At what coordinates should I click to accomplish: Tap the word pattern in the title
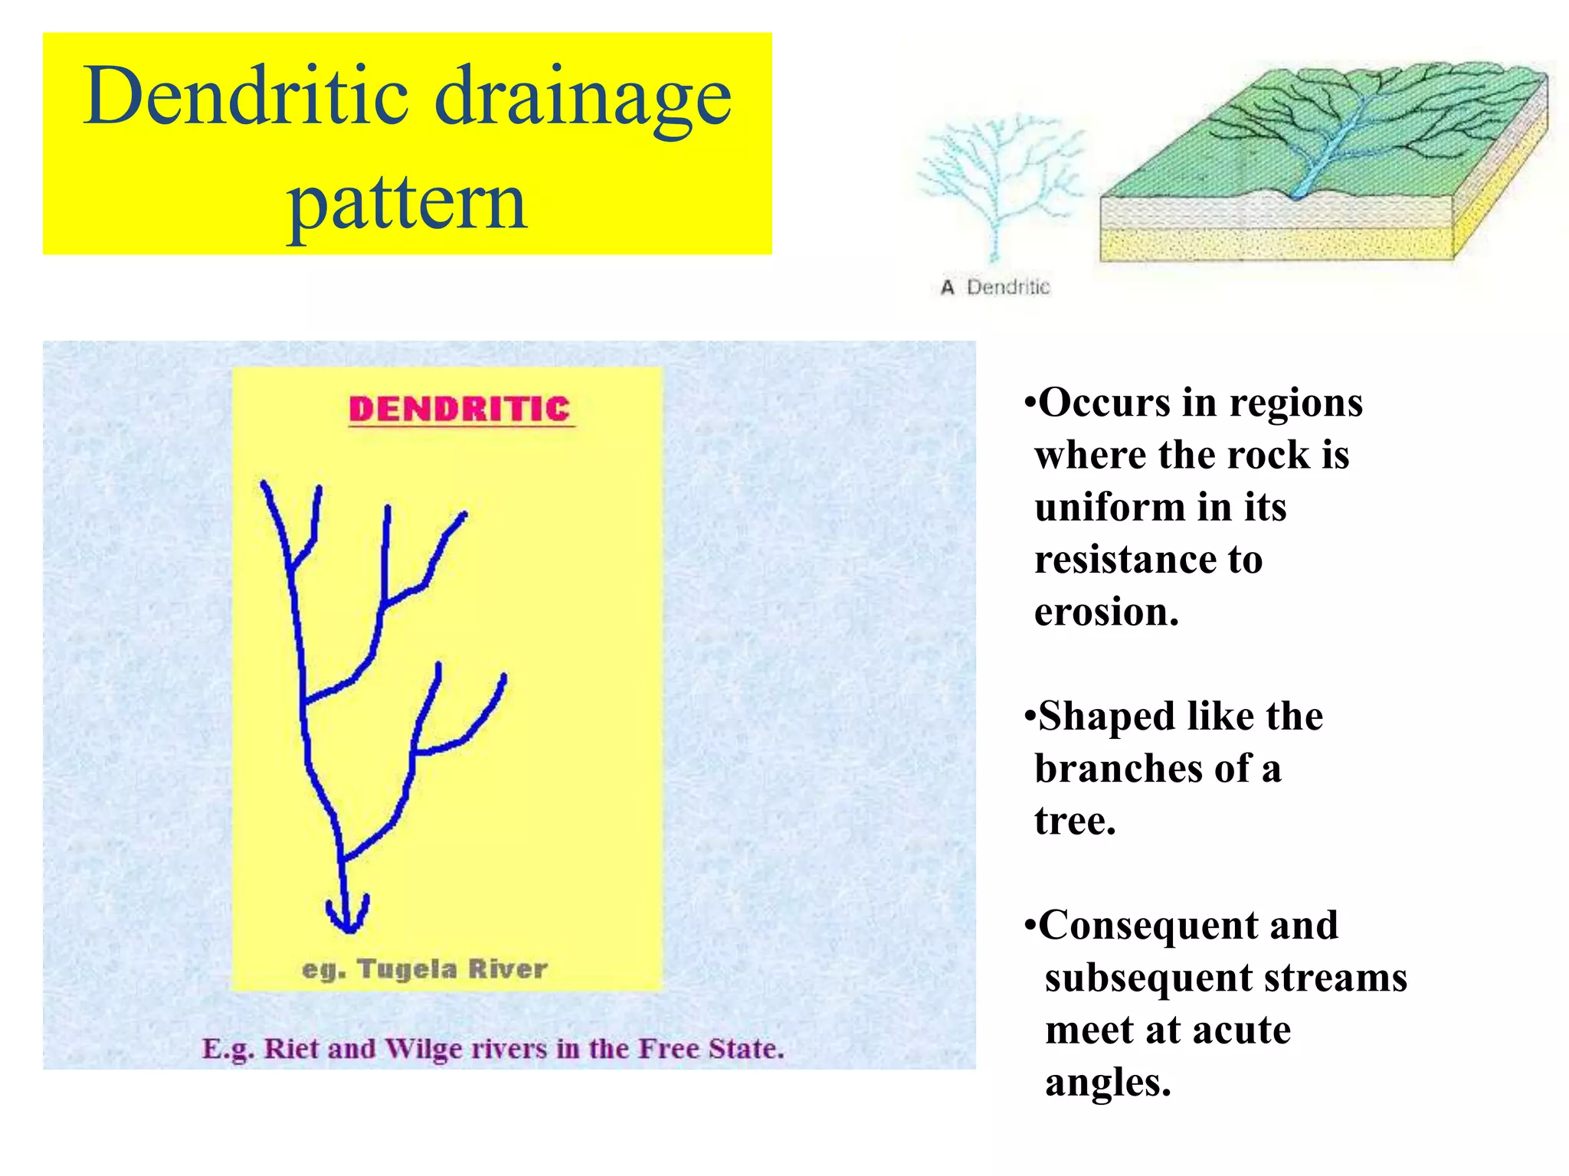click(407, 201)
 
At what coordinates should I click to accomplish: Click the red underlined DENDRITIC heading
click(460, 410)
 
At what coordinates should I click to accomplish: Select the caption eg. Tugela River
click(425, 969)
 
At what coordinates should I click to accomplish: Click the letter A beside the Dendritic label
click(948, 288)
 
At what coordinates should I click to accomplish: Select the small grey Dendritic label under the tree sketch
click(1008, 288)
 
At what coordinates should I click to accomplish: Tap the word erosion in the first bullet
click(1106, 612)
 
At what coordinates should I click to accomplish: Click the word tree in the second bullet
click(1074, 821)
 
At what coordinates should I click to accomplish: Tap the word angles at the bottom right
click(1108, 1083)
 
